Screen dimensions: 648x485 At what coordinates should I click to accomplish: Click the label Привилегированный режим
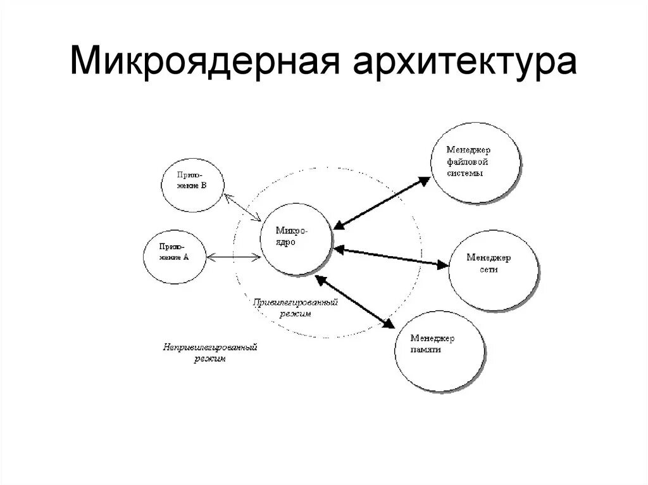click(296, 308)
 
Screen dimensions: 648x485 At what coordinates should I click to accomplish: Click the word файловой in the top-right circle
click(468, 161)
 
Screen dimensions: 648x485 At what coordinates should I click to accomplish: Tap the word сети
click(489, 269)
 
